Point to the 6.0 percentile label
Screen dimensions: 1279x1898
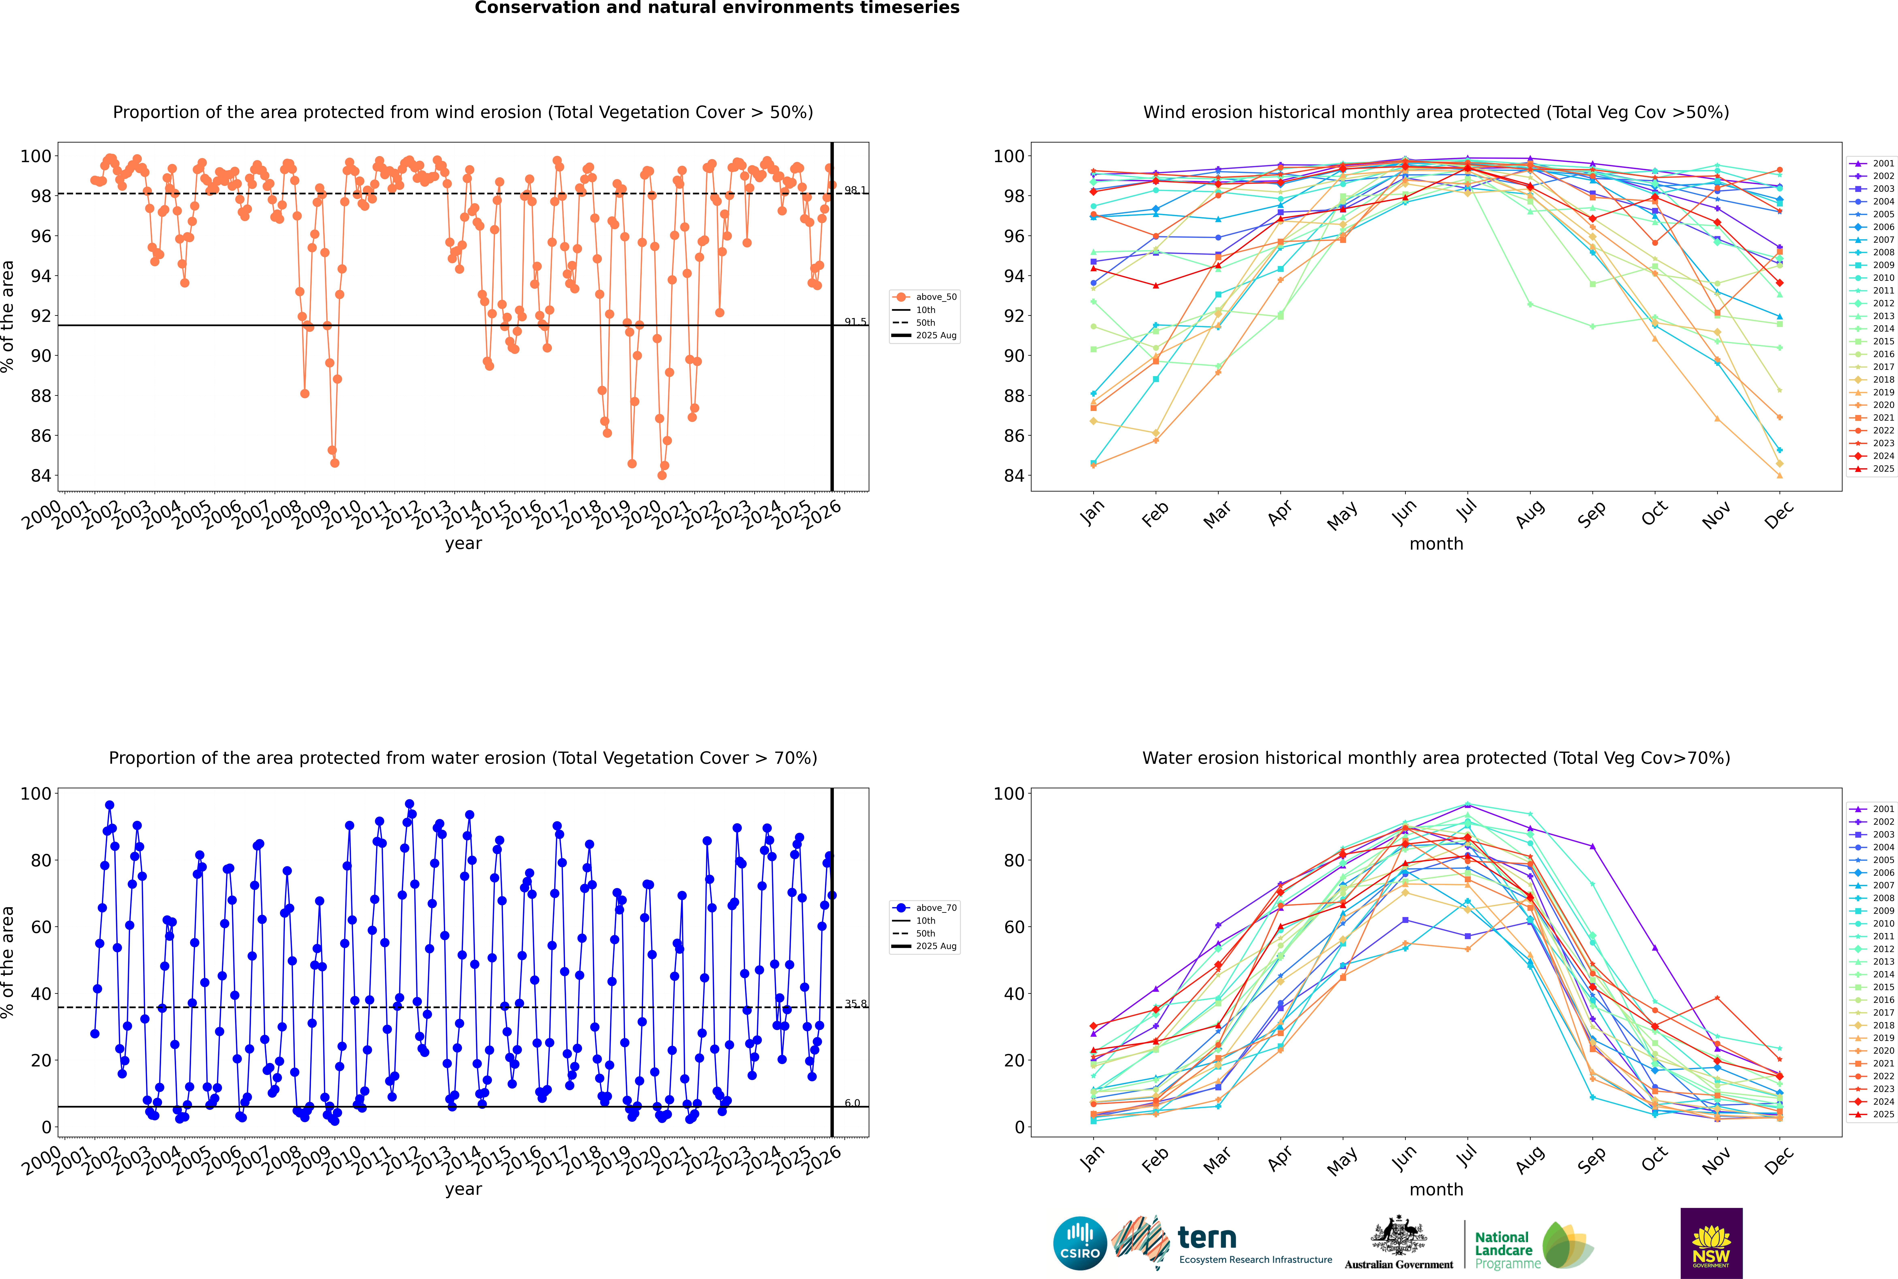pos(852,1103)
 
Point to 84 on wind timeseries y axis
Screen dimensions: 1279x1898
pos(41,476)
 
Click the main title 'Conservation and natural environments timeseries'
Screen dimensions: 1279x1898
pos(716,8)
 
